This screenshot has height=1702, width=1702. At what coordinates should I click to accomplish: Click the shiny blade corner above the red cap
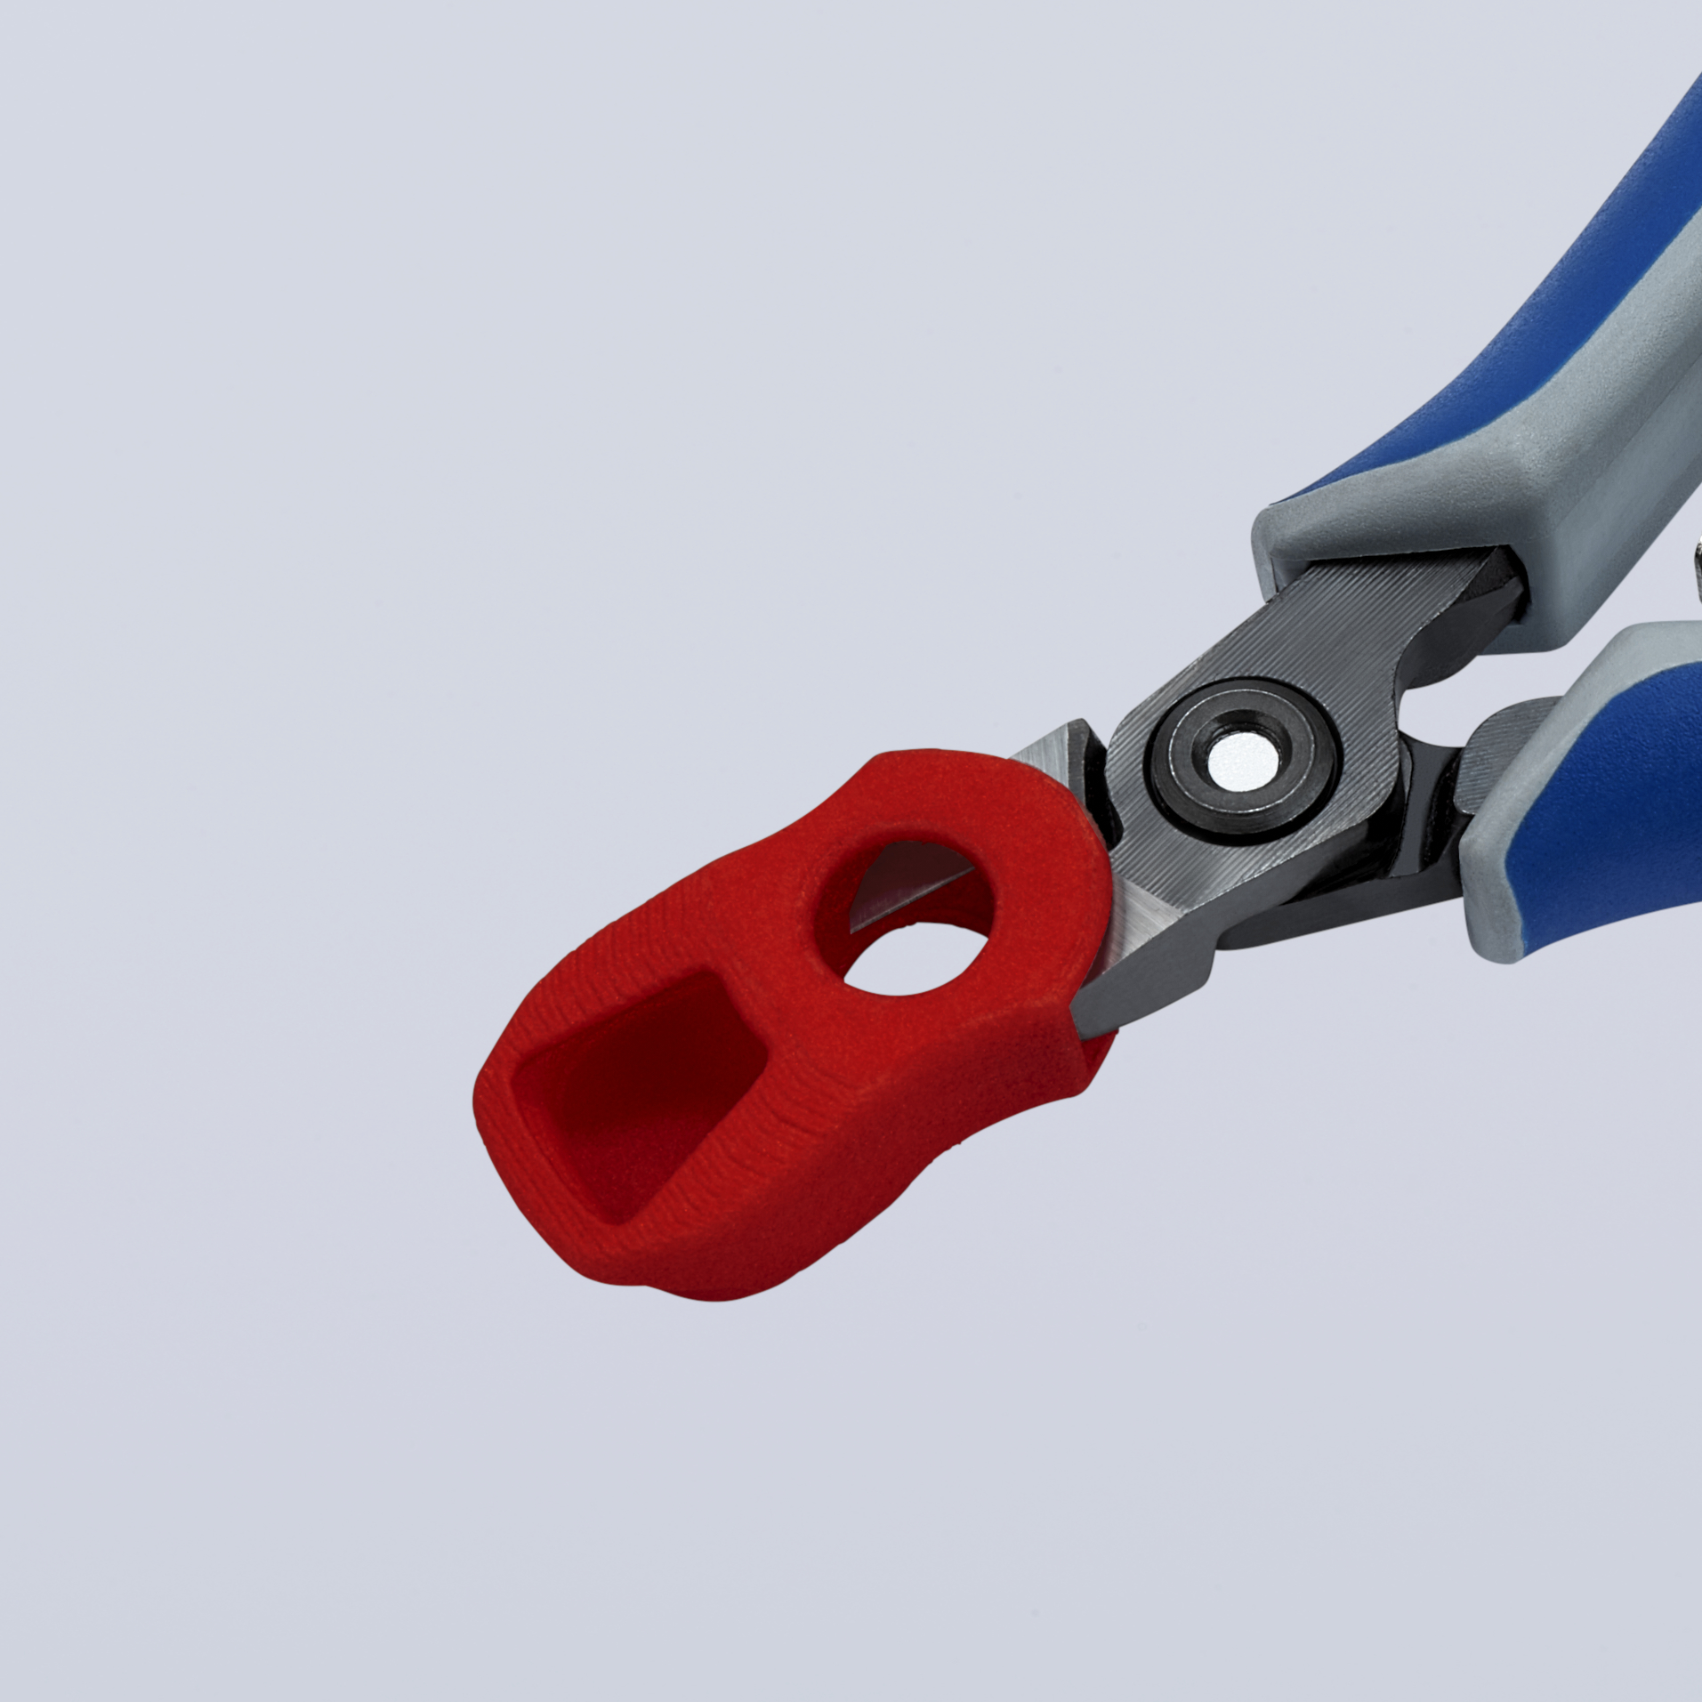coord(1054,756)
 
